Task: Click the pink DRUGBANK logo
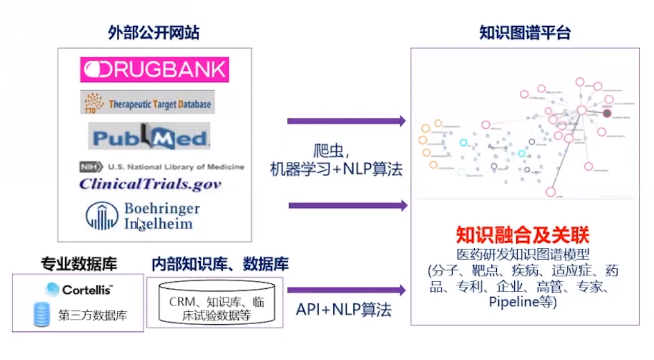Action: [x=154, y=70]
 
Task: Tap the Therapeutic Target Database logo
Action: [x=147, y=102]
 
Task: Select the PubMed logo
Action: [x=149, y=137]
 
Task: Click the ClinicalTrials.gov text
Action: [x=150, y=184]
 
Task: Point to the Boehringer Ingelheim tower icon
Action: [x=102, y=216]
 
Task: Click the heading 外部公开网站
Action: [x=154, y=34]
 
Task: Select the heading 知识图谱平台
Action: [x=524, y=34]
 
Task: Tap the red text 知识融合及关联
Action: [x=523, y=235]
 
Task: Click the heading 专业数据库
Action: [x=79, y=264]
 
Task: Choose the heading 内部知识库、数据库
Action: [x=220, y=264]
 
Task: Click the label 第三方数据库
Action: [x=93, y=315]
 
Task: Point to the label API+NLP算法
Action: [x=344, y=310]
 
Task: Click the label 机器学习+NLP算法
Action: [x=336, y=170]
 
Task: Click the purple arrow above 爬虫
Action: [x=346, y=121]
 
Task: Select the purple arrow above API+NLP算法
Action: [x=346, y=290]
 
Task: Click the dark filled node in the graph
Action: [x=607, y=113]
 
